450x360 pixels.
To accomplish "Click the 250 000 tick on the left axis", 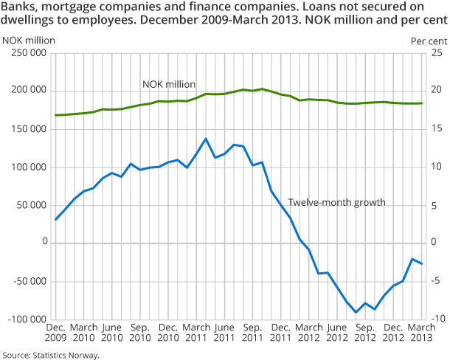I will pyautogui.click(x=27, y=53).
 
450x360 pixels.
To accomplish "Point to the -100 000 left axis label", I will pyautogui.click(x=26, y=319).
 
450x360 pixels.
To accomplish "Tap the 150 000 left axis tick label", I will pyautogui.click(x=27, y=129).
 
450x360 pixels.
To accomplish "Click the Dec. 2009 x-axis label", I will pyautogui.click(x=56, y=332).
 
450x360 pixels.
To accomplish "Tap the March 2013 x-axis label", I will pyautogui.click(x=420, y=332).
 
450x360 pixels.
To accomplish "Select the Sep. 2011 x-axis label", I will pyautogui.click(x=252, y=332).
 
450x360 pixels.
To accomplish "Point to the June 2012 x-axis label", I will pyautogui.click(x=336, y=332).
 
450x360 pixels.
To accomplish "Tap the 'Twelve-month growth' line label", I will pyautogui.click(x=336, y=202).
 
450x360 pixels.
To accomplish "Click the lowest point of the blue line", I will pyautogui.click(x=356, y=312).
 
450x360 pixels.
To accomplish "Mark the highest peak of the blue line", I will pyautogui.click(x=205, y=139).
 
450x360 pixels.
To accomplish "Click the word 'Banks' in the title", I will pyautogui.click(x=18, y=8).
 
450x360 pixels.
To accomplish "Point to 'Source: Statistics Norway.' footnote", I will pyautogui.click(x=50, y=354).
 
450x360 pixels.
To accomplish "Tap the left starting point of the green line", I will pyautogui.click(x=56, y=115).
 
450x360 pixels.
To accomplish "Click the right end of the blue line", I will pyautogui.click(x=421, y=264).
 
